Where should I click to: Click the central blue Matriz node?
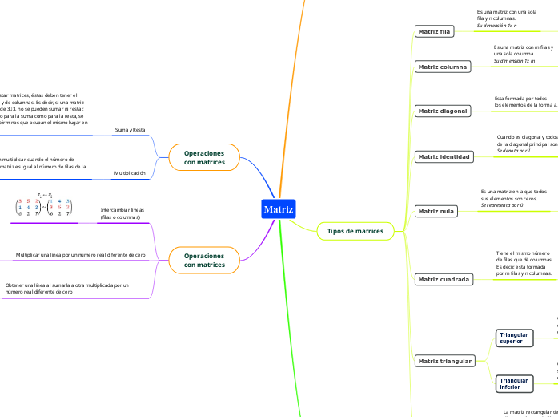tap(279, 210)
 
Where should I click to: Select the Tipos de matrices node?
tap(355, 231)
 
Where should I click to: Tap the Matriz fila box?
tap(435, 31)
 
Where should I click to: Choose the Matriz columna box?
tap(443, 67)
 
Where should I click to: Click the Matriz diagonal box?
tap(443, 110)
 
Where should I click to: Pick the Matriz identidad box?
tap(444, 156)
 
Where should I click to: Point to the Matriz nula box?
tap(436, 212)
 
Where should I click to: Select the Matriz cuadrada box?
tap(444, 279)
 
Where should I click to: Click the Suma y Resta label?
tap(129, 129)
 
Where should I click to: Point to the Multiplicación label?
tap(129, 172)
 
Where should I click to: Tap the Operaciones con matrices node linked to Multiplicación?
tap(204, 157)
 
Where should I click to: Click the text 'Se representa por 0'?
tap(502, 205)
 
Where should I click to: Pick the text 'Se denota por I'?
tap(513, 151)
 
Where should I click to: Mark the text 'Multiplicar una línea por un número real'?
tap(80, 254)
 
